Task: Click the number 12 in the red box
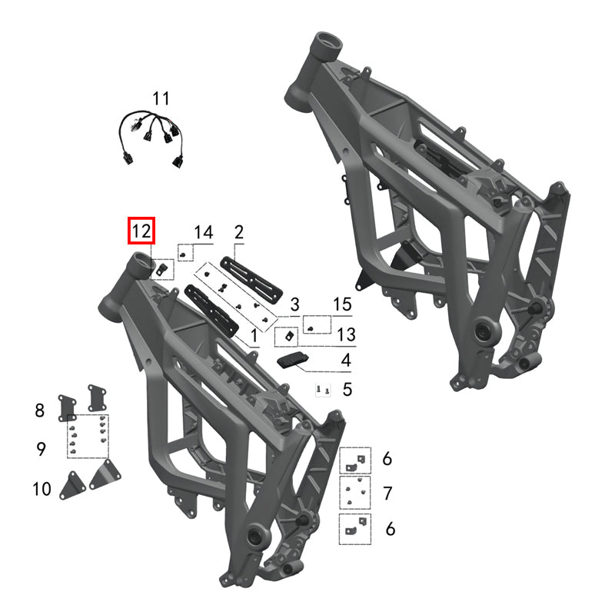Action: pyautogui.click(x=141, y=231)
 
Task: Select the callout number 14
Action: pyautogui.click(x=202, y=232)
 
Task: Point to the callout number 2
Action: pyautogui.click(x=238, y=231)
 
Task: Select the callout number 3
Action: pyautogui.click(x=294, y=304)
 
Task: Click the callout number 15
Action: pyautogui.click(x=342, y=304)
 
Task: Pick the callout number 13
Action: pyautogui.click(x=347, y=334)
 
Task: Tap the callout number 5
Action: pyautogui.click(x=347, y=390)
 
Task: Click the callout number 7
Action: pyautogui.click(x=387, y=492)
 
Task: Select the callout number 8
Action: pyautogui.click(x=40, y=411)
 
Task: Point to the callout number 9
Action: pyautogui.click(x=41, y=448)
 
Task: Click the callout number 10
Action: pyautogui.click(x=41, y=487)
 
